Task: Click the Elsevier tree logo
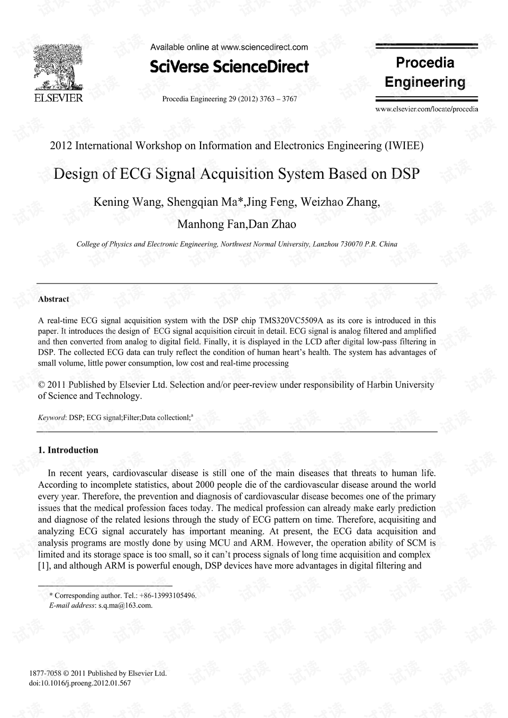coord(58,68)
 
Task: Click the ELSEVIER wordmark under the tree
coord(58,98)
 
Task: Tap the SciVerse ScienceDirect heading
coord(229,67)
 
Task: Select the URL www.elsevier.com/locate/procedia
coord(427,109)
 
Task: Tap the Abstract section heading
coord(53,299)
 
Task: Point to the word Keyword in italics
coord(52,417)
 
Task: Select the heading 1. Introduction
coord(68,450)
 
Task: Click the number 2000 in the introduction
coord(205,485)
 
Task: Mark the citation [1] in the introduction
coord(44,566)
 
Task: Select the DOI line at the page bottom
coord(79,683)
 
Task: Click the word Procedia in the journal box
coord(425,63)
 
